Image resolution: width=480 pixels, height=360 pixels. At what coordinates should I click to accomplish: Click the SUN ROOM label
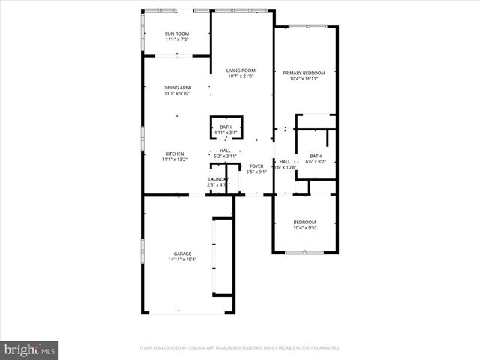pos(177,34)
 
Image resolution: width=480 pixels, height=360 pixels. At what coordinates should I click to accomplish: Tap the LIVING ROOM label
pos(241,70)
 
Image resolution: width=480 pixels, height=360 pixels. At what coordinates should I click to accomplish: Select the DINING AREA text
pos(177,88)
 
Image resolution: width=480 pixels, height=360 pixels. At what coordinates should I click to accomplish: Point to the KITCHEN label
pos(175,154)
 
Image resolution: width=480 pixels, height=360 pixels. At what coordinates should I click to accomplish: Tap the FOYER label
pos(256,166)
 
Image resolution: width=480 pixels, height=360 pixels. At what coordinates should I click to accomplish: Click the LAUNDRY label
pos(217,178)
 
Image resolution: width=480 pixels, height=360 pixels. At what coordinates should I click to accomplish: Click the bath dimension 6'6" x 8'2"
pos(315,162)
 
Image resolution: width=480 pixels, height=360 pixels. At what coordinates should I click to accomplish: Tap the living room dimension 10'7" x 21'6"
pos(241,76)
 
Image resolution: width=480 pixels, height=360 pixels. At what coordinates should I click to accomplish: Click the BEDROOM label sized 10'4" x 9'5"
pos(304,222)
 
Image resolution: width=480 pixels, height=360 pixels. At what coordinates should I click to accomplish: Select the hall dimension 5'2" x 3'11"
pos(225,156)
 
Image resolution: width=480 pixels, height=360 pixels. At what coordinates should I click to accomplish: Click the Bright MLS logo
pos(30,349)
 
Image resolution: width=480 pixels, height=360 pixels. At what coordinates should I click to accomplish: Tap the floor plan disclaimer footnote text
pos(239,348)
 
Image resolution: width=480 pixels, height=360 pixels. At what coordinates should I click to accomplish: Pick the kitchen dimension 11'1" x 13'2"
pos(175,160)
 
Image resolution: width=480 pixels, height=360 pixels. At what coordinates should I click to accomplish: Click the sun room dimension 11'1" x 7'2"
pos(177,40)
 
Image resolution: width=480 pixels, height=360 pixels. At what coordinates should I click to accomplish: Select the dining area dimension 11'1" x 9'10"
pos(177,94)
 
